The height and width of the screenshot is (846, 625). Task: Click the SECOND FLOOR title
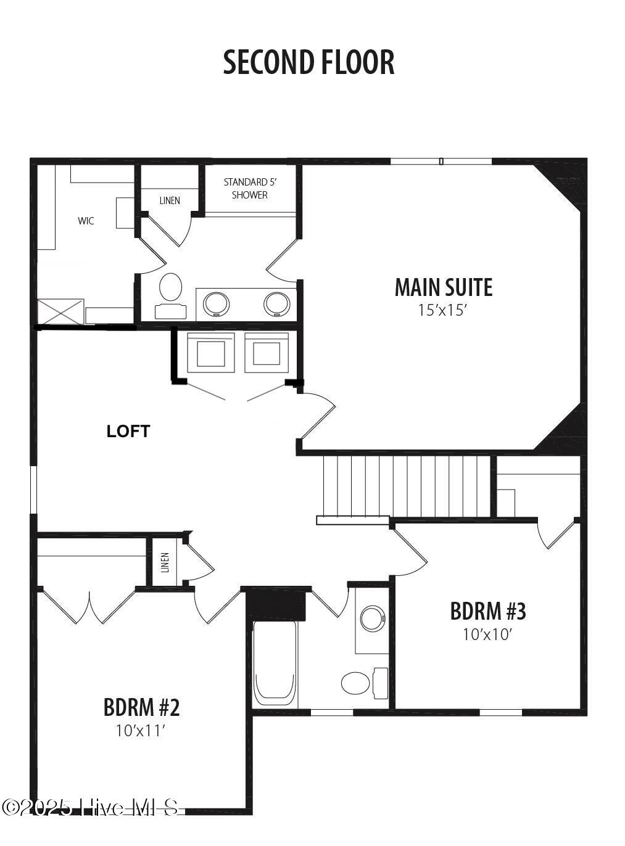coord(308,62)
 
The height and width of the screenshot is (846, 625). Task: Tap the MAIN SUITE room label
coord(443,287)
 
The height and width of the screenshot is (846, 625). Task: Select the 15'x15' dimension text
coord(443,310)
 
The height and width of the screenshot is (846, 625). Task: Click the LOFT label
coord(128,432)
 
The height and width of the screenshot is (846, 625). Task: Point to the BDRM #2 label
coord(141,707)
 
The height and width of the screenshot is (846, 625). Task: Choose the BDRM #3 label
coord(488,610)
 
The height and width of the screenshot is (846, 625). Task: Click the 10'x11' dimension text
coord(141,731)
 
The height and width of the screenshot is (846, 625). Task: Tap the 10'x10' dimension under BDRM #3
coord(487,634)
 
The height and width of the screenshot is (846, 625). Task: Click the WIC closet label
coord(86,221)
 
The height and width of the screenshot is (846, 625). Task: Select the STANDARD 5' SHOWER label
coord(250,189)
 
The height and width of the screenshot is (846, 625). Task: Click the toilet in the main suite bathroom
coord(170,295)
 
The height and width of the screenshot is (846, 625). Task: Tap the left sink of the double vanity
coord(216,304)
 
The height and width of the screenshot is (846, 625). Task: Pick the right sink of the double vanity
coord(276,304)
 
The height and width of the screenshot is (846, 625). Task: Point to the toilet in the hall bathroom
coord(364,683)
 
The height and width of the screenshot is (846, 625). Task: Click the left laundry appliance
coord(210,352)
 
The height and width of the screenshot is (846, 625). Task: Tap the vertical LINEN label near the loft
coord(165,562)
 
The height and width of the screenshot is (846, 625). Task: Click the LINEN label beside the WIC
coord(170,200)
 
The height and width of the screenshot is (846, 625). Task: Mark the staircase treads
coord(407,487)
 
